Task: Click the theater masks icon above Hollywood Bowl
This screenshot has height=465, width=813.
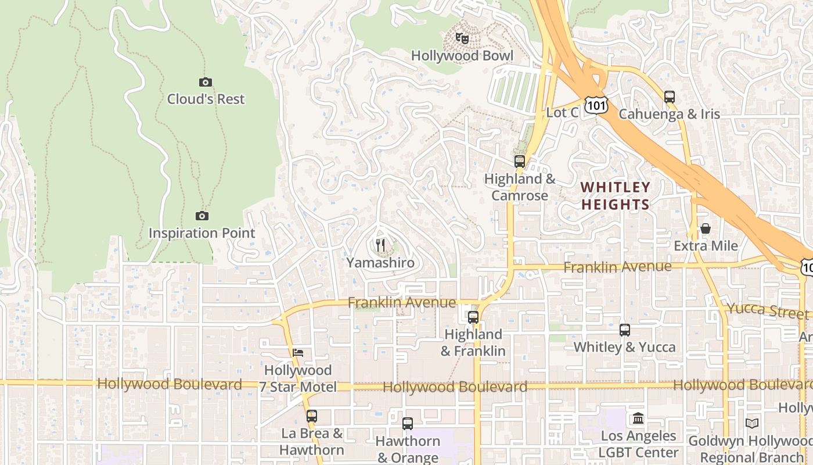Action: (x=462, y=39)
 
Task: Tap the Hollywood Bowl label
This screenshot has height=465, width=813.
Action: (x=462, y=56)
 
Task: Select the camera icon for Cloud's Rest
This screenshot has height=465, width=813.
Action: (x=206, y=83)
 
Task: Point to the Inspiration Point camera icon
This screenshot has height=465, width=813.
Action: (x=202, y=216)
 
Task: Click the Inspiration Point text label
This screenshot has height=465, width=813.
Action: (x=202, y=233)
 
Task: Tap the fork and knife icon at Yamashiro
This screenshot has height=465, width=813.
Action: (x=380, y=245)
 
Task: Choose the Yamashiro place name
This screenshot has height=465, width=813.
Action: (x=381, y=263)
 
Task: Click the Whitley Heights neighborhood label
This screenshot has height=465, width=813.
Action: (x=616, y=196)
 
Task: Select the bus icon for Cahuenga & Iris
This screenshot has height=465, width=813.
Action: (x=670, y=97)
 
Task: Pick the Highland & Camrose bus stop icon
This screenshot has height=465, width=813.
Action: (x=520, y=162)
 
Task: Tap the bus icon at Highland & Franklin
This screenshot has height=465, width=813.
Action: (x=473, y=317)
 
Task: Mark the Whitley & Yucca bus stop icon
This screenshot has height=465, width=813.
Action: (x=625, y=330)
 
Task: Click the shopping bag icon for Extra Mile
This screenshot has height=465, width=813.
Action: (x=706, y=228)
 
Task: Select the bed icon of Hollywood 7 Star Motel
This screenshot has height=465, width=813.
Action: (x=298, y=353)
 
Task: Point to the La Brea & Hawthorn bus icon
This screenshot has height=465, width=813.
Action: (x=312, y=416)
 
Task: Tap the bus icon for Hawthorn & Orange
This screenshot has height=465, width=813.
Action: (x=408, y=424)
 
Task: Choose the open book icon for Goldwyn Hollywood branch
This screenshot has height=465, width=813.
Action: (x=752, y=424)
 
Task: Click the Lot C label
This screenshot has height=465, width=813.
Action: (x=562, y=113)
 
